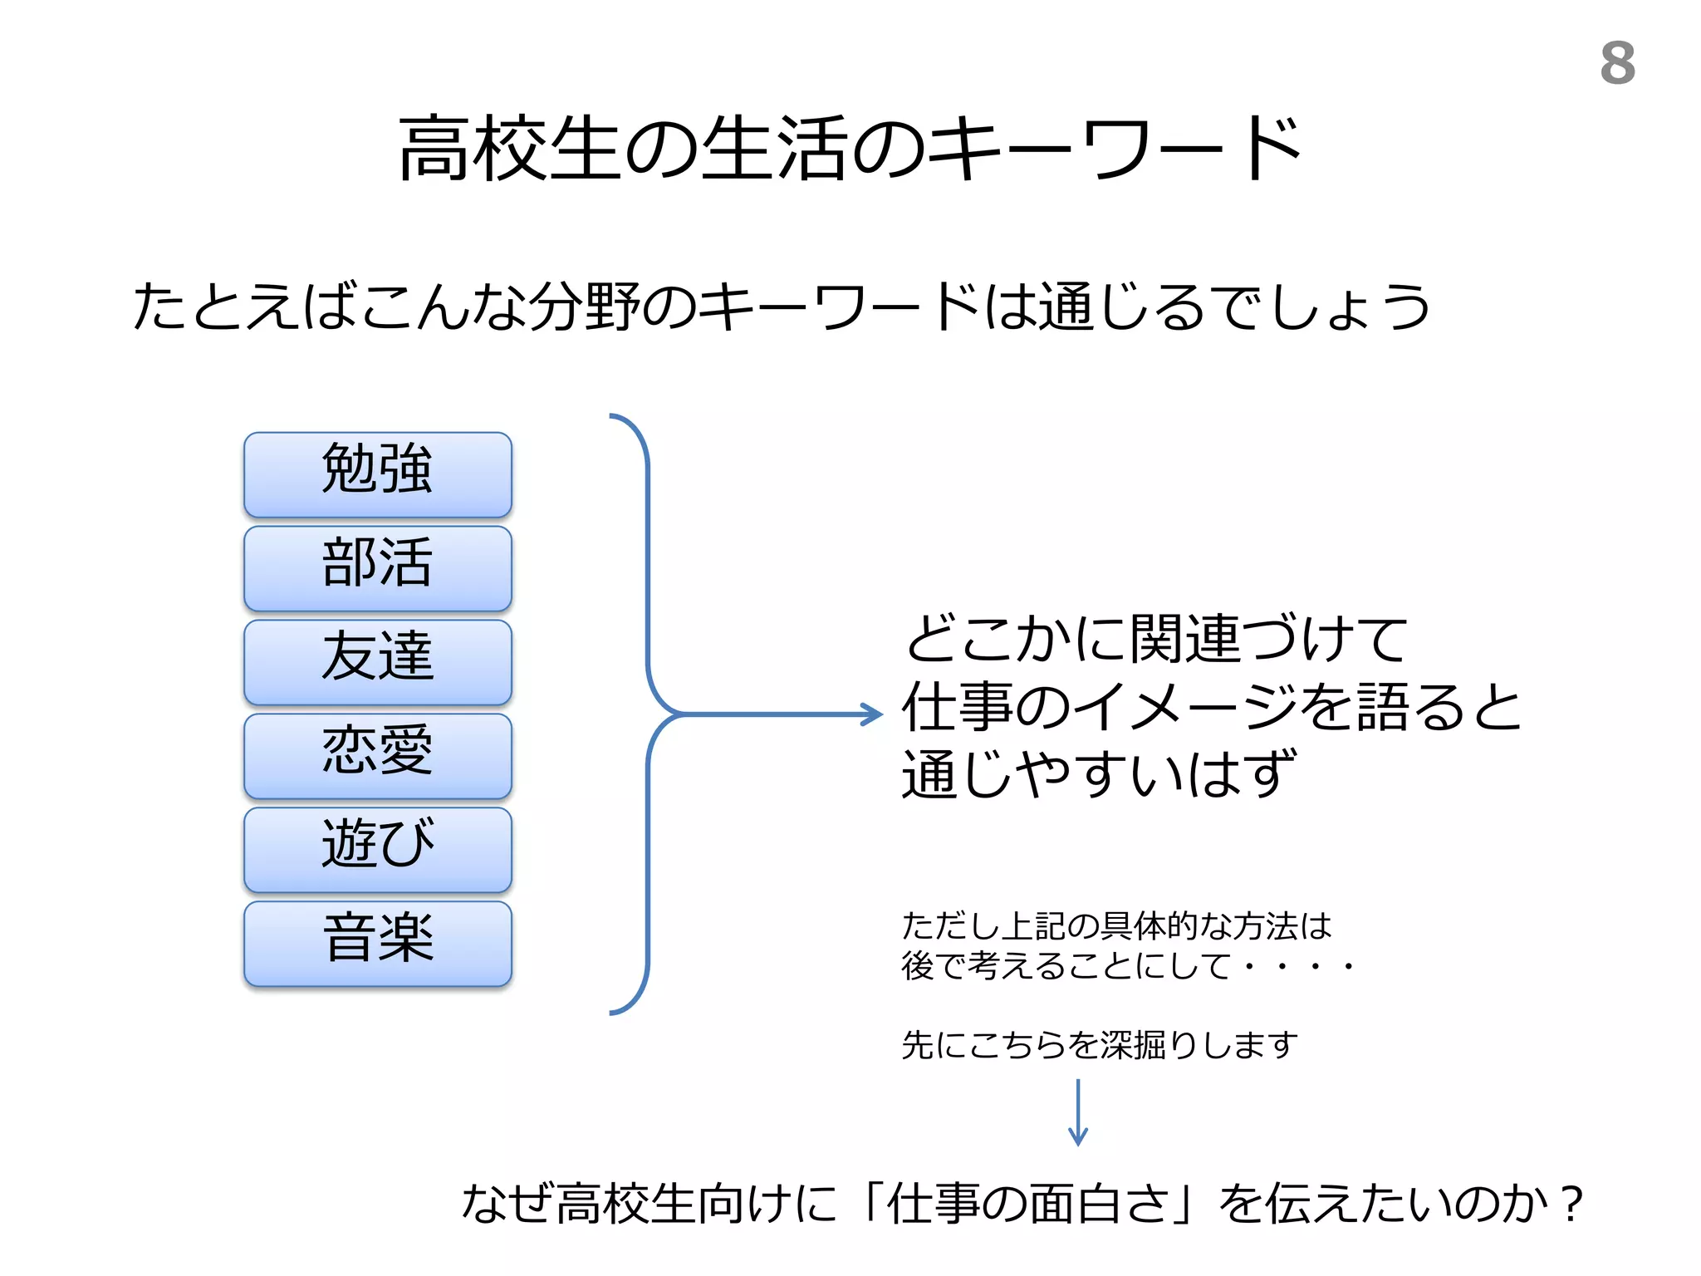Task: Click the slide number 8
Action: [x=1617, y=63]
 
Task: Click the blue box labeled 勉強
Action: [x=378, y=474]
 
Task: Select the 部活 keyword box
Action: [x=378, y=568]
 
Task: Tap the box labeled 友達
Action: [x=378, y=662]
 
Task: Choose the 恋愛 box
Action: [x=378, y=756]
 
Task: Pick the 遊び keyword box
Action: [x=378, y=850]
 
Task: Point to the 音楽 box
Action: [x=378, y=944]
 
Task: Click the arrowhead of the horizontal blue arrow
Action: [x=874, y=714]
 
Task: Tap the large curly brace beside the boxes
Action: [x=647, y=714]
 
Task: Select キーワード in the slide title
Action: [x=1113, y=150]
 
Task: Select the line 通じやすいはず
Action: [x=1098, y=774]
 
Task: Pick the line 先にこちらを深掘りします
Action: [x=1099, y=1045]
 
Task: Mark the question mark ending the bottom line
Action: [x=1571, y=1205]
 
